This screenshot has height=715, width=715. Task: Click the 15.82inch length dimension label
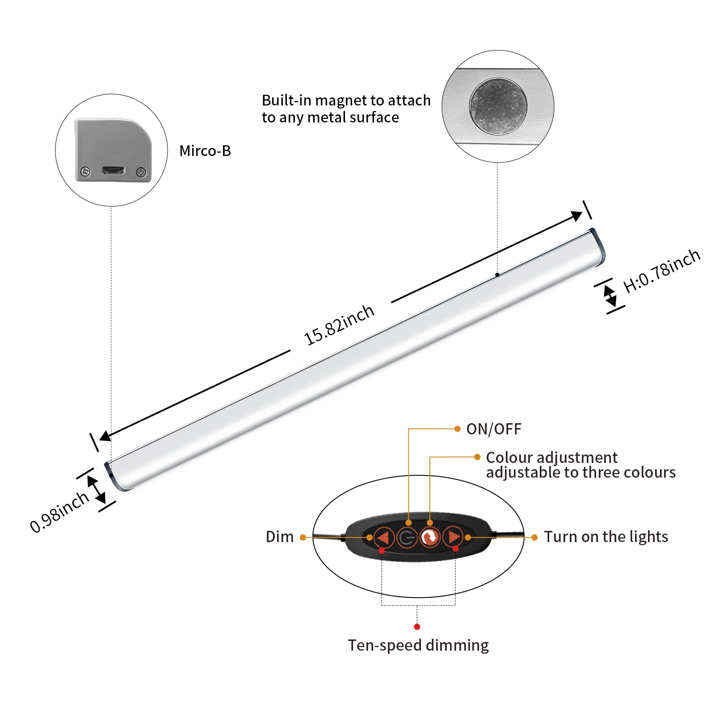pyautogui.click(x=339, y=325)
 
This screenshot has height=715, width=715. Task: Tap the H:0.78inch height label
pyautogui.click(x=661, y=271)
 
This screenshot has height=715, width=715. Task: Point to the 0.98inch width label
pyautogui.click(x=59, y=512)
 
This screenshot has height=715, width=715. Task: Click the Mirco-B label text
pyautogui.click(x=205, y=151)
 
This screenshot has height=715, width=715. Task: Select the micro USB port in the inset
pyautogui.click(x=113, y=170)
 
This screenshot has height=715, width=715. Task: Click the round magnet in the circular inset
pyautogui.click(x=498, y=106)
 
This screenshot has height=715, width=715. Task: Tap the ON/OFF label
pyautogui.click(x=494, y=429)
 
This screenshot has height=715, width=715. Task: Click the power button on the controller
pyautogui.click(x=406, y=537)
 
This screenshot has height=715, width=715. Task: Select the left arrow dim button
pyautogui.click(x=383, y=537)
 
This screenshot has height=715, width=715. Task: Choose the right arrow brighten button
pyautogui.click(x=453, y=537)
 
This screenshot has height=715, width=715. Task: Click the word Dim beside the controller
pyautogui.click(x=280, y=537)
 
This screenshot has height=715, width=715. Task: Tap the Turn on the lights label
pyautogui.click(x=606, y=537)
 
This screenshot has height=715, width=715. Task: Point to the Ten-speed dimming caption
pyautogui.click(x=418, y=645)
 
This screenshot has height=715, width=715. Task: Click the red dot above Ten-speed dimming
pyautogui.click(x=417, y=627)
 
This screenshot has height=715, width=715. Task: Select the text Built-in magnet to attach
pyautogui.click(x=346, y=101)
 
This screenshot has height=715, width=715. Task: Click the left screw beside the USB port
pyautogui.click(x=85, y=171)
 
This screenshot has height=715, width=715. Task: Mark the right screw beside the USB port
pyautogui.click(x=141, y=171)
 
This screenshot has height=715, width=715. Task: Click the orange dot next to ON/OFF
pyautogui.click(x=457, y=429)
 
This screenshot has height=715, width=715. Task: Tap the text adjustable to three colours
pyautogui.click(x=580, y=473)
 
